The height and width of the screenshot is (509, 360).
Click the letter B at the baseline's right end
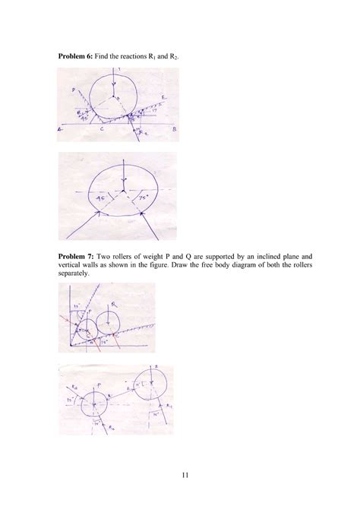click(174, 130)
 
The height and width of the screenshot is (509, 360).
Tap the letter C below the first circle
click(102, 130)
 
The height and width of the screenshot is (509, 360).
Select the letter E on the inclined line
click(163, 97)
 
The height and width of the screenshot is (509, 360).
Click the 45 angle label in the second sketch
click(97, 195)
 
